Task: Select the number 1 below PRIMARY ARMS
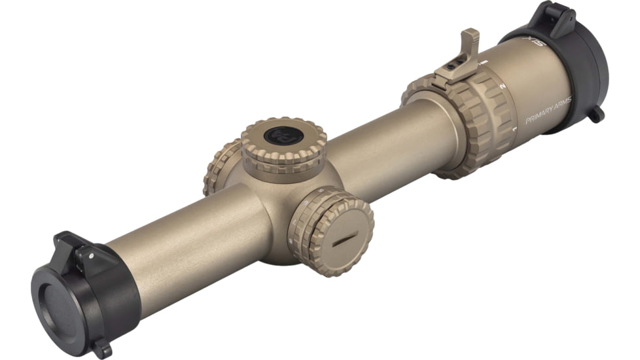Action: click(x=515, y=129)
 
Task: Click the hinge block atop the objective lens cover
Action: click(x=73, y=247)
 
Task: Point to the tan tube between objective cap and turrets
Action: click(x=190, y=236)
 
